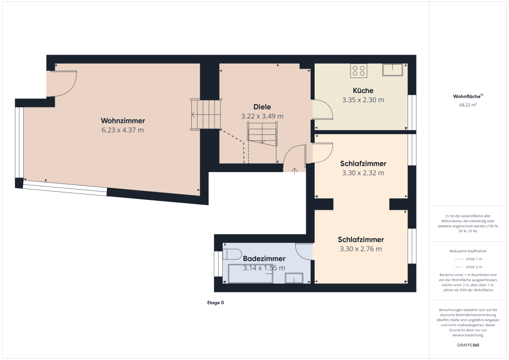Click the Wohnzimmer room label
(123, 121)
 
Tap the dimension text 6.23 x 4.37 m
(123, 130)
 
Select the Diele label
(262, 107)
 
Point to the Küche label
(363, 90)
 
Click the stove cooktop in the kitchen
(358, 71)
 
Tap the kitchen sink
(393, 70)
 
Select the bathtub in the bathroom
(250, 274)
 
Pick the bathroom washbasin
(294, 278)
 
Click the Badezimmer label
(264, 259)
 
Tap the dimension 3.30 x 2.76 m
(361, 249)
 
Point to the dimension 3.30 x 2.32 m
(363, 173)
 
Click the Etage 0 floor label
(216, 302)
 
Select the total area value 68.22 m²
(468, 105)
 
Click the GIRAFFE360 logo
(468, 345)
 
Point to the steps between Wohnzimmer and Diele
(205, 114)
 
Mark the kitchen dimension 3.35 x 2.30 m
(363, 100)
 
